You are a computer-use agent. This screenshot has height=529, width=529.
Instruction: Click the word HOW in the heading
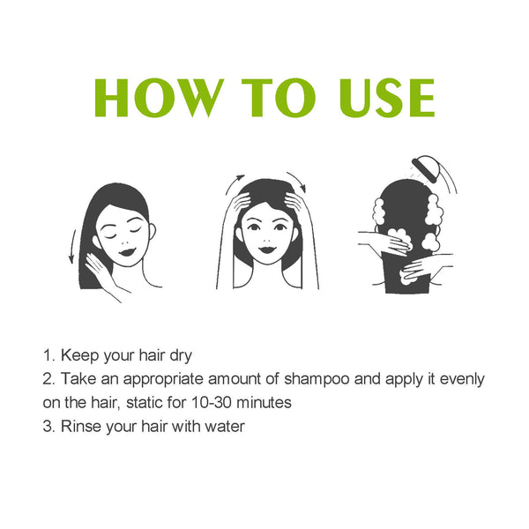154,99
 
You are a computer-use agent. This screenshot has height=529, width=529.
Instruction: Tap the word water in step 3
224,426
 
